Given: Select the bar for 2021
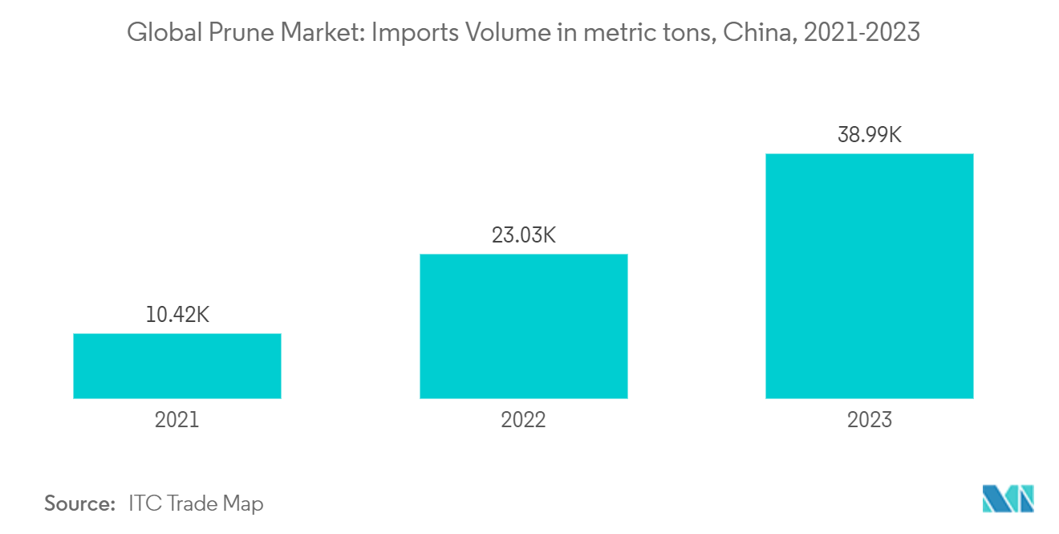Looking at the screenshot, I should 177,365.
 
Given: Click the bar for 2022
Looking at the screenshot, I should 523,326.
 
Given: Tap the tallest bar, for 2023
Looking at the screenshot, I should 870,275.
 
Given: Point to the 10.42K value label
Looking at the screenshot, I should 177,315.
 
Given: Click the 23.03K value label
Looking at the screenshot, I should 523,235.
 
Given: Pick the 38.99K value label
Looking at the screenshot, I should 870,135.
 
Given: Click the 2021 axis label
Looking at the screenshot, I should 177,419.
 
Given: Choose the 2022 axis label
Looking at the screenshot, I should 523,419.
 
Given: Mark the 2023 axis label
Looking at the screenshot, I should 870,419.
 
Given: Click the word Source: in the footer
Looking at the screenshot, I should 80,504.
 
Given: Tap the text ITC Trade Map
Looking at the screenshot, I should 195,504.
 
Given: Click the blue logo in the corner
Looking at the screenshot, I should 1008,499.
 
